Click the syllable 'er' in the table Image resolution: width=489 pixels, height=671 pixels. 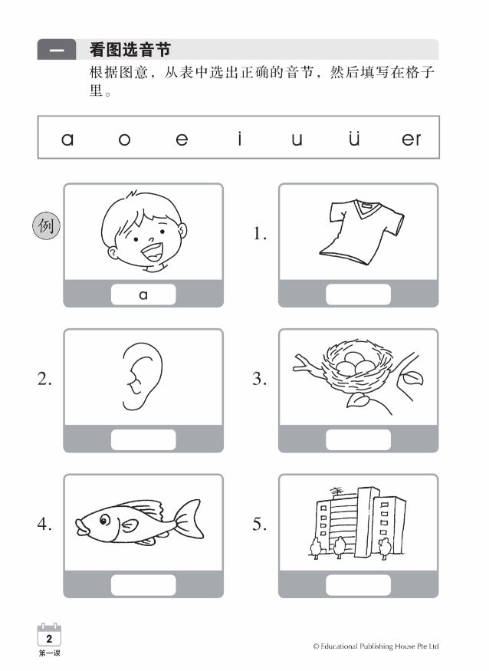412,139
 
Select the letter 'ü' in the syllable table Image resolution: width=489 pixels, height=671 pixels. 353,139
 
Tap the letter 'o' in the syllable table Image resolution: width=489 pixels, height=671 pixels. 124,140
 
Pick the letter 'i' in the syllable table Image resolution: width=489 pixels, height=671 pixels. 239,138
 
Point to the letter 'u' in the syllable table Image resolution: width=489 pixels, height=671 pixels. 297,140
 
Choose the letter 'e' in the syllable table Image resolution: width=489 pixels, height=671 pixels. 182,140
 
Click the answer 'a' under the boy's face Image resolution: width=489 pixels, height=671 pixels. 143,294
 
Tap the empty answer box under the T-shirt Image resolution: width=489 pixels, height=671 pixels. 358,294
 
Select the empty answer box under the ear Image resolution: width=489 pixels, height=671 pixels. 143,439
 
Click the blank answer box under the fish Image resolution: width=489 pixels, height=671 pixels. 143,584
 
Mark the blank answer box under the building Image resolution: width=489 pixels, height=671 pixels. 358,584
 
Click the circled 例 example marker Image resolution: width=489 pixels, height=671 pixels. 45,226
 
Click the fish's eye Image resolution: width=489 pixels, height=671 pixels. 103,519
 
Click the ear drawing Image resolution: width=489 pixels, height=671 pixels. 143,375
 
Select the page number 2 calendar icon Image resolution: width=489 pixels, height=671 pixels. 49,636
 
